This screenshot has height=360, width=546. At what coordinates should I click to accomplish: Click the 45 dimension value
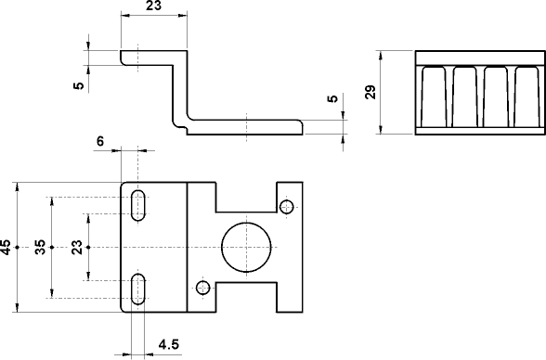click(7, 247)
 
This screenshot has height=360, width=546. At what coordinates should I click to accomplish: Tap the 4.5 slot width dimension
click(168, 345)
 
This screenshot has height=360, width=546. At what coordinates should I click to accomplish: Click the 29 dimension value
click(370, 92)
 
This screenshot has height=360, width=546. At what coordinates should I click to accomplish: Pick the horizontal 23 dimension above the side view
click(154, 6)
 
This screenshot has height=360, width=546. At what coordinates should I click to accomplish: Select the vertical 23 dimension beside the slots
click(77, 247)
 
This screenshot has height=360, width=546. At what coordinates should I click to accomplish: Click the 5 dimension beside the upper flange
click(79, 86)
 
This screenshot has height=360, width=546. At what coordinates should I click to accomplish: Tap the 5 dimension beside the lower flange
click(332, 100)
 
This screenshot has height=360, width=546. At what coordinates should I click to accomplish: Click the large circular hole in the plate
click(247, 247)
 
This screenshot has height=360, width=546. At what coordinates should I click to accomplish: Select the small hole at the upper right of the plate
click(288, 206)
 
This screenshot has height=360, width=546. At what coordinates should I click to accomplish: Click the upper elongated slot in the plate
click(138, 205)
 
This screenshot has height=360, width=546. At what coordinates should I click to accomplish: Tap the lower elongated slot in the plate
click(138, 289)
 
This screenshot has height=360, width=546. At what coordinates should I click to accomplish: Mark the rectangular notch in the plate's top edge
click(247, 197)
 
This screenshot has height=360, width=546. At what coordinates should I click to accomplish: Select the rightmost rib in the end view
click(526, 96)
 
